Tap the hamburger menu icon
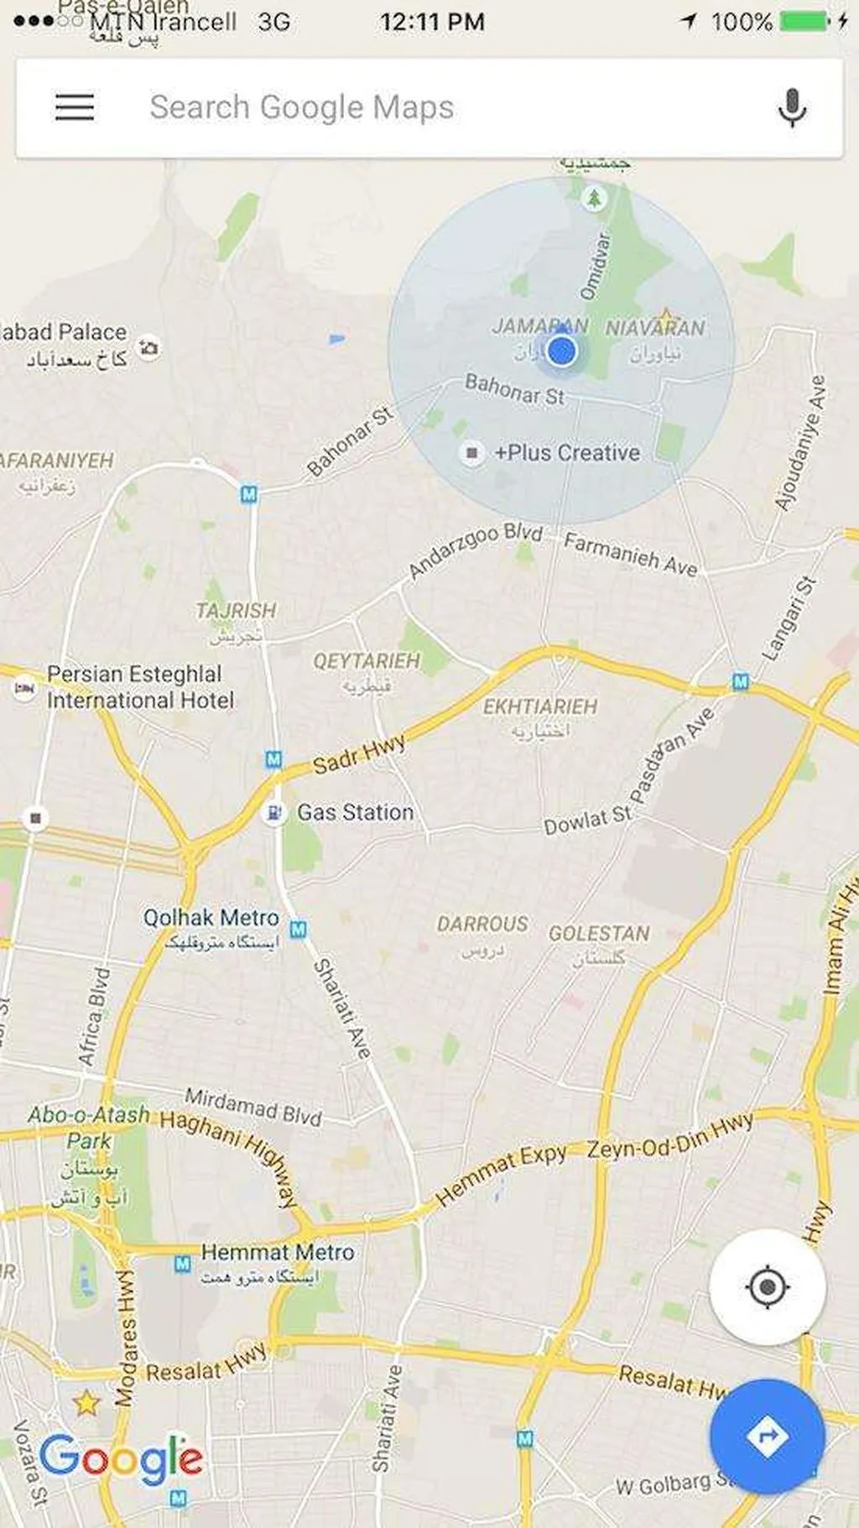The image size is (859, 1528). point(75,107)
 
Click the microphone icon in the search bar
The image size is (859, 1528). point(792,107)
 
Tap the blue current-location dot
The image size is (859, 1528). point(561,350)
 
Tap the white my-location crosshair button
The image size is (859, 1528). point(767,1287)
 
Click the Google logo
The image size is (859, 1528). point(121,1458)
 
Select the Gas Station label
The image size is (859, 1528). point(355,812)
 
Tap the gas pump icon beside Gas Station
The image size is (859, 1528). point(273,812)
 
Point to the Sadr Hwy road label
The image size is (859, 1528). point(359,754)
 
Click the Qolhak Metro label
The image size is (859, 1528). point(211,918)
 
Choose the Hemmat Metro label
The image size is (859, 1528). point(277,1252)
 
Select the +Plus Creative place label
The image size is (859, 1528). point(567,453)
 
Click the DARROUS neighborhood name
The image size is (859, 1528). point(482,924)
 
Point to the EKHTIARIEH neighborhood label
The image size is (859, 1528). point(539,707)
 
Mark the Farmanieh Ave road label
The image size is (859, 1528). point(630,555)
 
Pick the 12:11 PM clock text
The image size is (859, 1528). point(432,21)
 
